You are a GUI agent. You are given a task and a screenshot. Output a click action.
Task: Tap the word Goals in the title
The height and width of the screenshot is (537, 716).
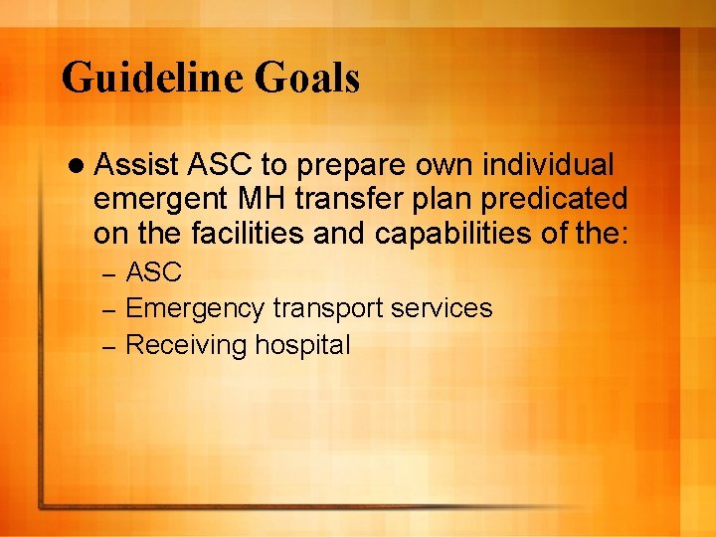point(308,79)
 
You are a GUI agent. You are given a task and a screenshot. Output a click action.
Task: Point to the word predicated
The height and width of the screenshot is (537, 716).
point(554,199)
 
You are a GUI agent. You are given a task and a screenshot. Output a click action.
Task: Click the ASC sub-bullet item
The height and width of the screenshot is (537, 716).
point(154,272)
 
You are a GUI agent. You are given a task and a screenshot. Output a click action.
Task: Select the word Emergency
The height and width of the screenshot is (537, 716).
point(195,309)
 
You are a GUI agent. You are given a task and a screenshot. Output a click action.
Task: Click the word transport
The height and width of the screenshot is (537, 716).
point(327,309)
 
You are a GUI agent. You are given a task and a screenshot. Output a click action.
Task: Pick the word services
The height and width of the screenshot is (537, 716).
point(443,309)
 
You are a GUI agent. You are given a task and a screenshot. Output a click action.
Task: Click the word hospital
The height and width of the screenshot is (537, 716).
point(302,345)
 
